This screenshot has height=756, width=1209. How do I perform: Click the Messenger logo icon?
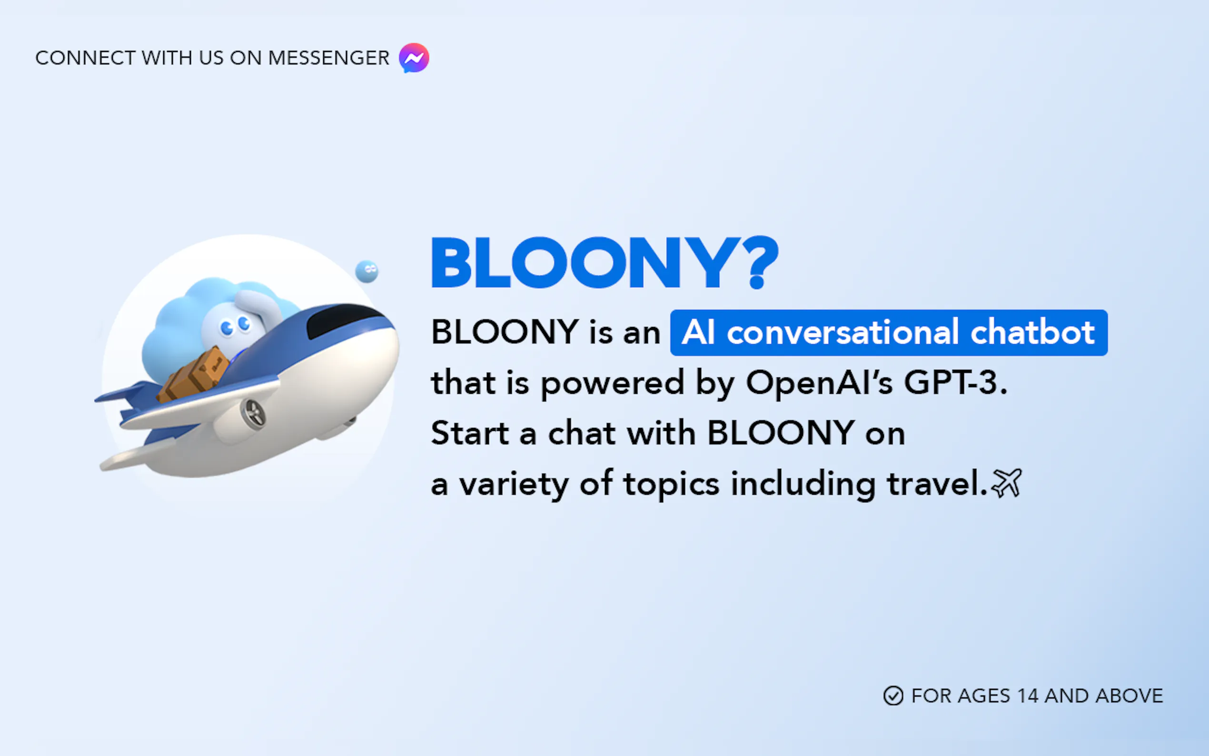[x=414, y=58]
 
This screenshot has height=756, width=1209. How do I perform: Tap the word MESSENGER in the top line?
[x=328, y=58]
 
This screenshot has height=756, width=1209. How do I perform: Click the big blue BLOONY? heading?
[x=605, y=262]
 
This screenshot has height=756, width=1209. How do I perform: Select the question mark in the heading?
[x=757, y=262]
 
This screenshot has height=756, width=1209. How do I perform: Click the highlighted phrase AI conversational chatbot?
[x=889, y=332]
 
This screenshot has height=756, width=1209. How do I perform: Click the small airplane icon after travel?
[x=1007, y=483]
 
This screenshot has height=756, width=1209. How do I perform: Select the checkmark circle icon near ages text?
[x=893, y=696]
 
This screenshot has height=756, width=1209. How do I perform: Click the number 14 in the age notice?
[x=1028, y=696]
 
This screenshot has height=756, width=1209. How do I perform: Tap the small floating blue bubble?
[x=367, y=271]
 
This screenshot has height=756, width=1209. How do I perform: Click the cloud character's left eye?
[x=228, y=328]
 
